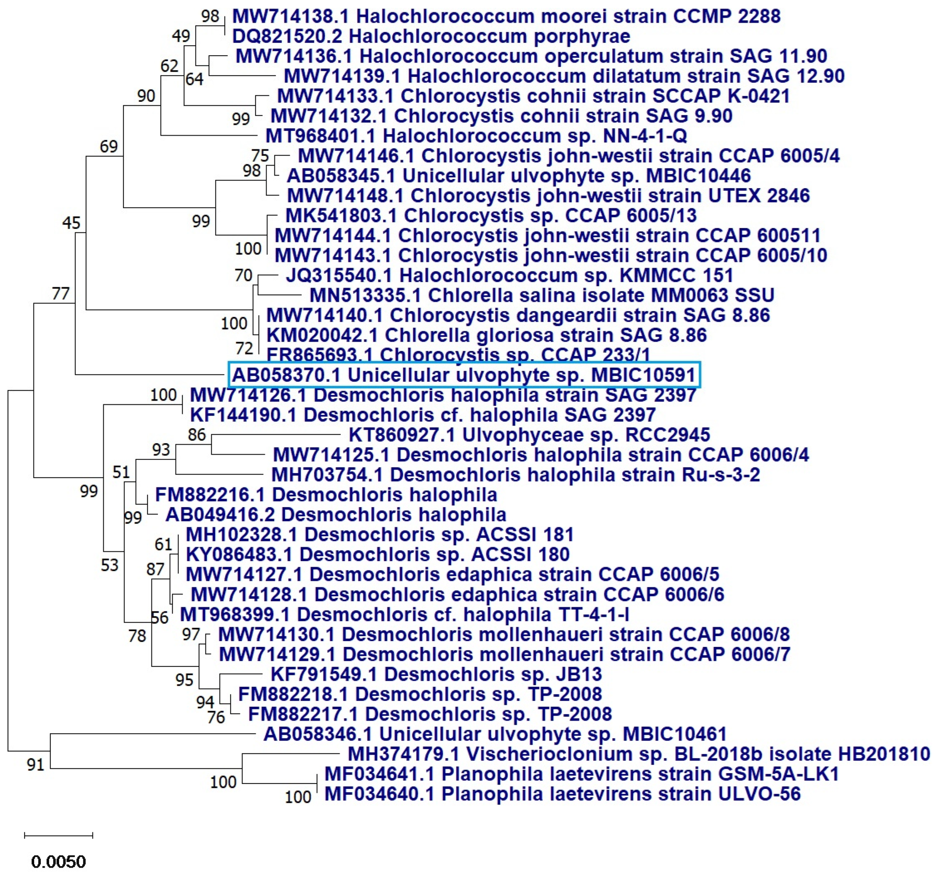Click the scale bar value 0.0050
(58, 861)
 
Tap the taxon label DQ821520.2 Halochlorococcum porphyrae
(431, 36)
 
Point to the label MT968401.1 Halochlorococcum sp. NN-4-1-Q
(476, 136)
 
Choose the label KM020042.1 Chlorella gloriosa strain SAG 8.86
(486, 335)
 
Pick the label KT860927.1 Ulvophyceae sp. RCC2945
(529, 435)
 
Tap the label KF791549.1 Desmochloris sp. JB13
(436, 674)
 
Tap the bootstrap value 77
(60, 294)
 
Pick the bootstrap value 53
(110, 565)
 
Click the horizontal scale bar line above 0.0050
(58, 835)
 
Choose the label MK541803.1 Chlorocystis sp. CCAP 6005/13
(491, 216)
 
